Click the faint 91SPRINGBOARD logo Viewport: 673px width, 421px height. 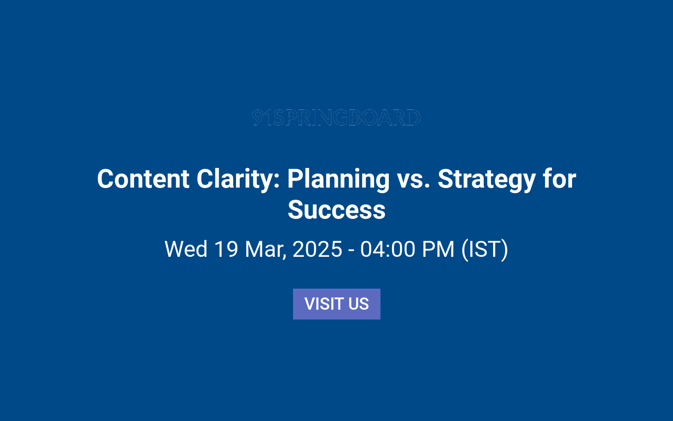pos(336,117)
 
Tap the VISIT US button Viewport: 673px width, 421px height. pos(336,304)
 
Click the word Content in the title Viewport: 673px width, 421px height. pos(143,179)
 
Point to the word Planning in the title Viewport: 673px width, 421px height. pos(338,179)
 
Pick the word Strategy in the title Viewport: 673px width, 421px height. pos(487,179)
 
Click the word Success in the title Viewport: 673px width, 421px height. pos(336,210)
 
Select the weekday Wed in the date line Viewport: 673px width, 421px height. pos(186,249)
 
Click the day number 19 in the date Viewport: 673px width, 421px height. pos(226,249)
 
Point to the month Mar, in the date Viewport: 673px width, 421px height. pos(265,249)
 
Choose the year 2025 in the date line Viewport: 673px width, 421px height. pos(317,249)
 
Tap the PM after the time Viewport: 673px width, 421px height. pos(438,249)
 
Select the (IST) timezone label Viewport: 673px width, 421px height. pos(485,249)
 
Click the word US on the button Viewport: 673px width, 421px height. pos(358,304)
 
